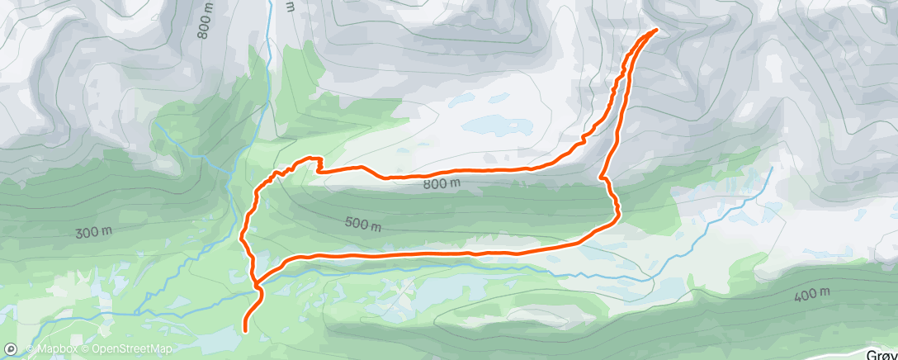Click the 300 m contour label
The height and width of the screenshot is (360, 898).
93,232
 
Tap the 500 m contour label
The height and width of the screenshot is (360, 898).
363,224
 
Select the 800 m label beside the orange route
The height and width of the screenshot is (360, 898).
442,183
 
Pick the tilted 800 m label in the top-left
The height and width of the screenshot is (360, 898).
206,21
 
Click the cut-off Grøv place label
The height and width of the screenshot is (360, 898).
881,353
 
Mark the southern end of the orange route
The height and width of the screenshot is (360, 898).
246,330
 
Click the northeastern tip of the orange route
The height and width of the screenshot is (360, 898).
656,31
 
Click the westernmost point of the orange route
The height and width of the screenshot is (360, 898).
242,240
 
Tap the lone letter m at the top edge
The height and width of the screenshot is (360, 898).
289,6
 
